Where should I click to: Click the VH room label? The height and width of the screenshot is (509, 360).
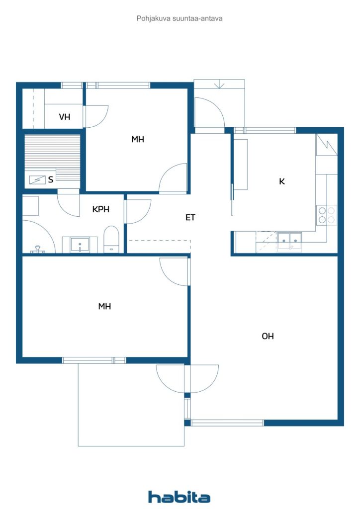coord(64,116)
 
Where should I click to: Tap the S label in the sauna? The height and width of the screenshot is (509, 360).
coord(51,179)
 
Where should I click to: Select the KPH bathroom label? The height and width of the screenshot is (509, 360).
coord(100,209)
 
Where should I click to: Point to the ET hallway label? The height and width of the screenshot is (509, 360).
coord(190,218)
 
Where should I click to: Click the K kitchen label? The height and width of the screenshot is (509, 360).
coord(282,181)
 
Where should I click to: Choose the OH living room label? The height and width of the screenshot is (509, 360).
coord(268,336)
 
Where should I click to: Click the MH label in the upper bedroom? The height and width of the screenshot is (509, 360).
coord(138,139)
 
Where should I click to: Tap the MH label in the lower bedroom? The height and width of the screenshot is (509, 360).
coord(104,306)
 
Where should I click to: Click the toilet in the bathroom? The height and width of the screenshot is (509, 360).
coord(111,240)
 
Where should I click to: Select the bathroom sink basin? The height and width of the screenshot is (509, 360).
coord(80,245)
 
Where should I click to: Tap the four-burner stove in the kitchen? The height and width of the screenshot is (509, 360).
coord(327,215)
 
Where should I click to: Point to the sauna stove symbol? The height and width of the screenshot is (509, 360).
coord(37,179)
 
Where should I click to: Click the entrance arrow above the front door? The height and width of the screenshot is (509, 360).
coord(219,84)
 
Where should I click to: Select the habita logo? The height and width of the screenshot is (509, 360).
coord(179,497)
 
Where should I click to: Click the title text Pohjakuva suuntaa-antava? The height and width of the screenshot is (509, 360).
coord(180,18)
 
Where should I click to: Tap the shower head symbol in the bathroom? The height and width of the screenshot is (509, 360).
coord(38,250)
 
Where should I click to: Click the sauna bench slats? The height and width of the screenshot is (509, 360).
coord(52,157)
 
